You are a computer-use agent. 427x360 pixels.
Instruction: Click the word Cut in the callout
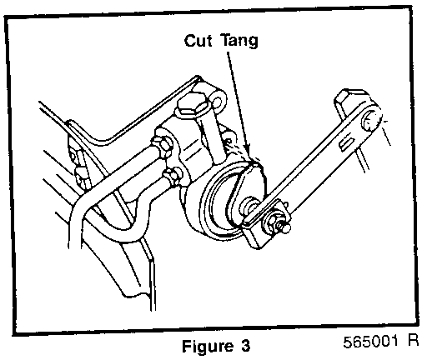tap(198, 41)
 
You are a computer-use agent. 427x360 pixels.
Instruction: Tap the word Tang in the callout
tap(240, 42)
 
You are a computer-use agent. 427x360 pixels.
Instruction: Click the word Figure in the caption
tap(208, 347)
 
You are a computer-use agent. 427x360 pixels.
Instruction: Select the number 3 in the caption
tap(245, 346)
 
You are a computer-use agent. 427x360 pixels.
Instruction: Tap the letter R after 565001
tap(414, 340)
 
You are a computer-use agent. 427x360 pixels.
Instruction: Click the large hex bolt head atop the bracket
tap(193, 106)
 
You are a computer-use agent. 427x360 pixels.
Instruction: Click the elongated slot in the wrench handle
tap(347, 142)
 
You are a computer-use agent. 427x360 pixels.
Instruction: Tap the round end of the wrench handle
tap(371, 120)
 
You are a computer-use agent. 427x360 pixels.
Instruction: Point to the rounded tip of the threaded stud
tap(286, 228)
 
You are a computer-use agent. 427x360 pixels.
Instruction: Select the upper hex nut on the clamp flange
tap(162, 145)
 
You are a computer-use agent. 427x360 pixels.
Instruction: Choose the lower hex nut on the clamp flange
tap(173, 176)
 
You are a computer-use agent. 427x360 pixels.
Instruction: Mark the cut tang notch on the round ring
tap(253, 164)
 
